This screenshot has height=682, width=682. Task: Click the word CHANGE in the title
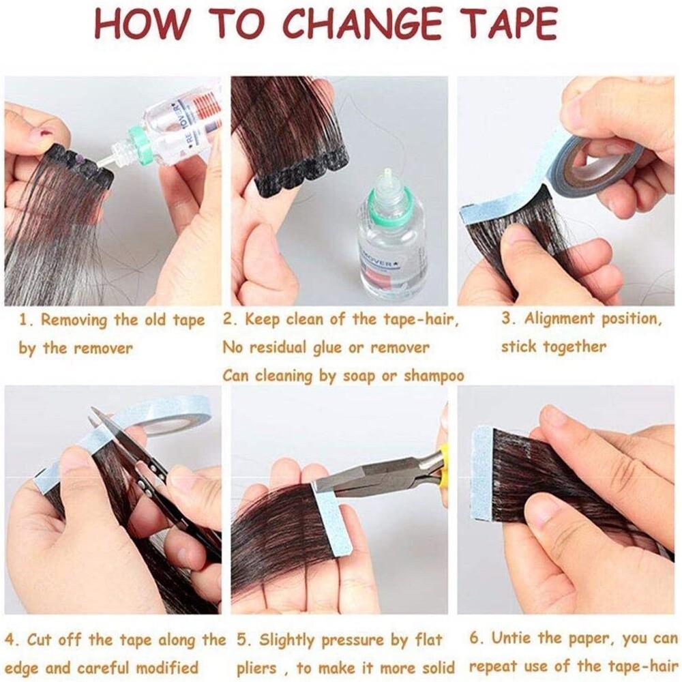(364, 26)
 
